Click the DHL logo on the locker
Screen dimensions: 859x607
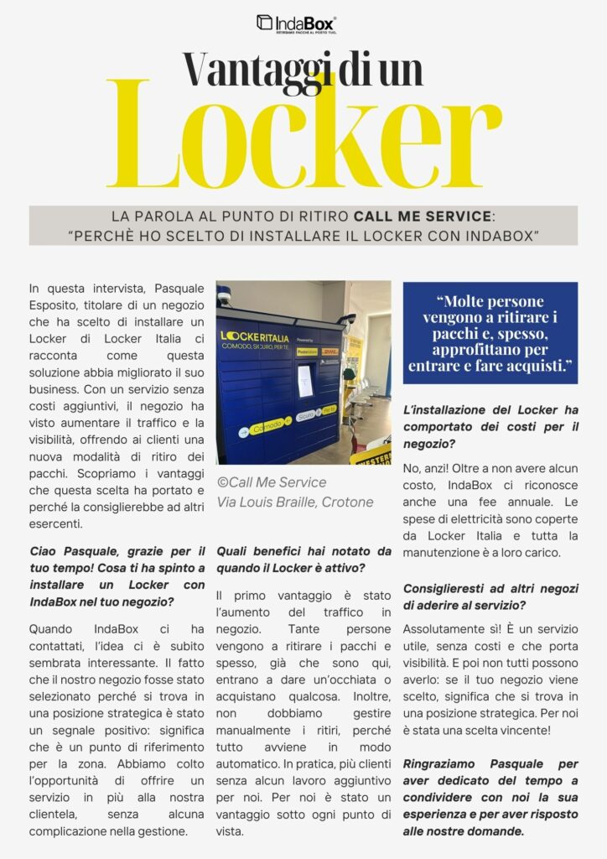(330, 351)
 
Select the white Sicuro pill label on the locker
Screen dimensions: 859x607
(307, 415)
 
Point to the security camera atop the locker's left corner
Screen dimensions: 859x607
(223, 299)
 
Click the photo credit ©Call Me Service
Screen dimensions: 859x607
(272, 482)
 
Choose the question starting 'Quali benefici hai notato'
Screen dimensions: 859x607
(303, 560)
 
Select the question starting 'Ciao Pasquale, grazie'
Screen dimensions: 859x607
(117, 576)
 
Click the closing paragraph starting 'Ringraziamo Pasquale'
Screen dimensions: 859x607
(490, 797)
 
